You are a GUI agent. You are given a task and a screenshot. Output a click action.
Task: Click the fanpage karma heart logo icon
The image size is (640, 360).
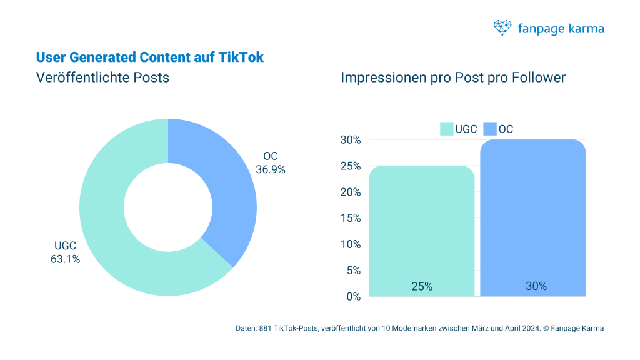(x=502, y=27)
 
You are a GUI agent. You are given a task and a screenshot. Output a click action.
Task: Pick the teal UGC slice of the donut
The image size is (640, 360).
(x=119, y=237)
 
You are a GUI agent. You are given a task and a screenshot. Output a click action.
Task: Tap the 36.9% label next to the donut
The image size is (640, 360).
(x=271, y=169)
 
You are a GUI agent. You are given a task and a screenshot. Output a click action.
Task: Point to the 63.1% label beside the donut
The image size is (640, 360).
(x=65, y=259)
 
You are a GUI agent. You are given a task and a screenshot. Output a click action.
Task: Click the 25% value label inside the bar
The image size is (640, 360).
(x=421, y=286)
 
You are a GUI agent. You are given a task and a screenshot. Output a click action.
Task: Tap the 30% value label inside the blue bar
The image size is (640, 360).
(x=536, y=286)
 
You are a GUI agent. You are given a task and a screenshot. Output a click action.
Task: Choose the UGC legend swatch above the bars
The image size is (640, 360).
(x=446, y=129)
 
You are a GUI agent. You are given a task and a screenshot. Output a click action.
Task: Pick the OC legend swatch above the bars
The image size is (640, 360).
(x=489, y=129)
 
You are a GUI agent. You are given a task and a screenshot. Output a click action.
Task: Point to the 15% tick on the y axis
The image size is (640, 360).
(x=350, y=218)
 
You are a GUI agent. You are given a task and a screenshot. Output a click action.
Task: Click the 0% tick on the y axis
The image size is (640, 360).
(x=353, y=296)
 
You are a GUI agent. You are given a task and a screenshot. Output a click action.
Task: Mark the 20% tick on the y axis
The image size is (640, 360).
(x=350, y=192)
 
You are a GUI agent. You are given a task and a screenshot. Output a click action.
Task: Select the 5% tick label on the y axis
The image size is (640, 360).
(x=353, y=271)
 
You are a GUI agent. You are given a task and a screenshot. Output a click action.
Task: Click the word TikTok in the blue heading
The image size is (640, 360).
(x=241, y=57)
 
